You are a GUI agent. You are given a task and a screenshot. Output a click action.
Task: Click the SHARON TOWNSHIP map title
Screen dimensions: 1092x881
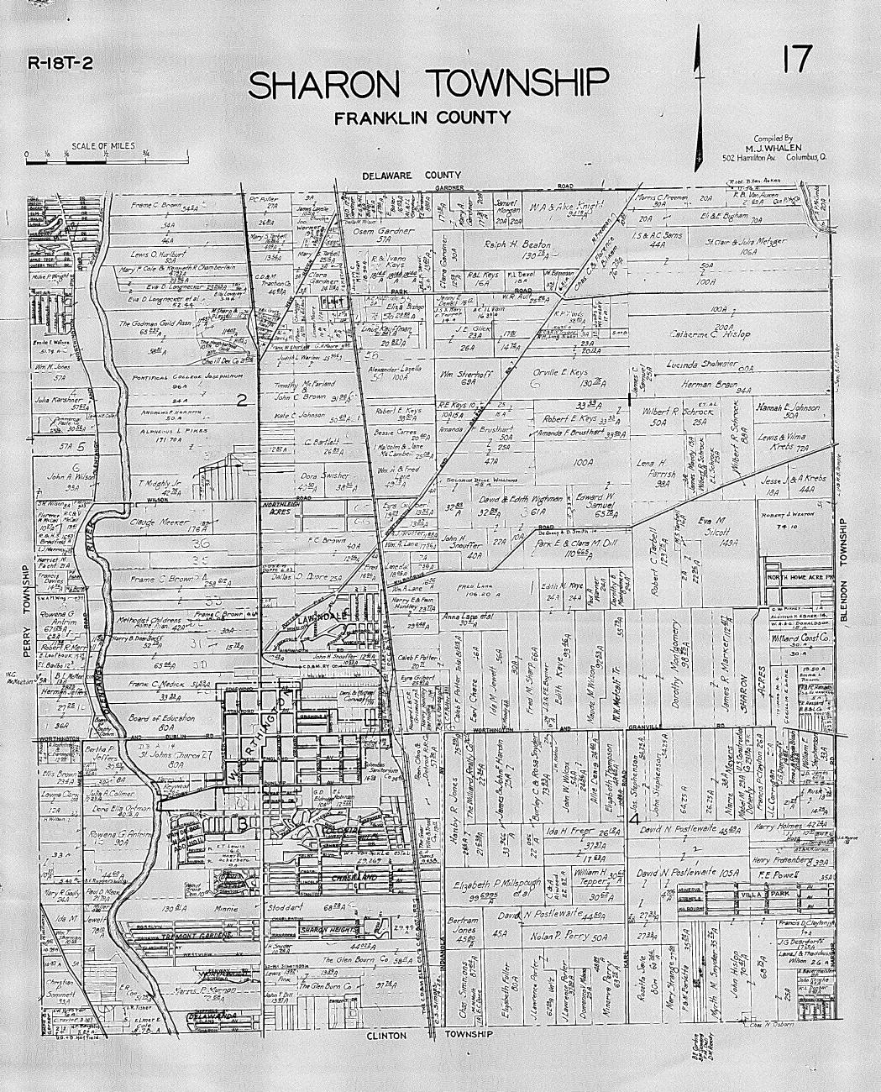(427, 84)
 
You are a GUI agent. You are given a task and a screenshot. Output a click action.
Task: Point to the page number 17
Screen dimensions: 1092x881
(795, 60)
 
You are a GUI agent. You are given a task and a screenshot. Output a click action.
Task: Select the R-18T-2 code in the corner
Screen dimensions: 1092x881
(61, 61)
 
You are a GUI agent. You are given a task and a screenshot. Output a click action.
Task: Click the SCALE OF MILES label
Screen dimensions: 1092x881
(103, 145)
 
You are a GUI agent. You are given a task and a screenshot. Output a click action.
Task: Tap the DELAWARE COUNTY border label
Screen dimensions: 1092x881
(407, 176)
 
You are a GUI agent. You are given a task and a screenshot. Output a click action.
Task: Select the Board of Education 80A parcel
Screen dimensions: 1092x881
(162, 723)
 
